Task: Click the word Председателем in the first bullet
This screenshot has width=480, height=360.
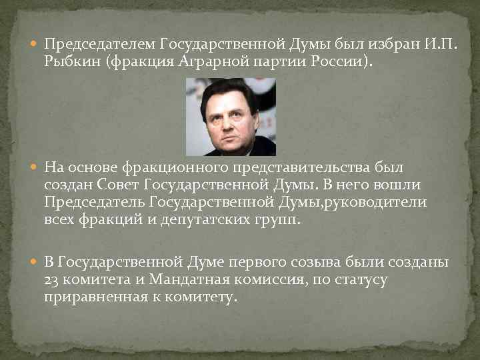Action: (100, 45)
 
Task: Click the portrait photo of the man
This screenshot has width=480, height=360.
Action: (229, 117)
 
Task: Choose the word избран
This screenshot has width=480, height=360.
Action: (379, 45)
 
